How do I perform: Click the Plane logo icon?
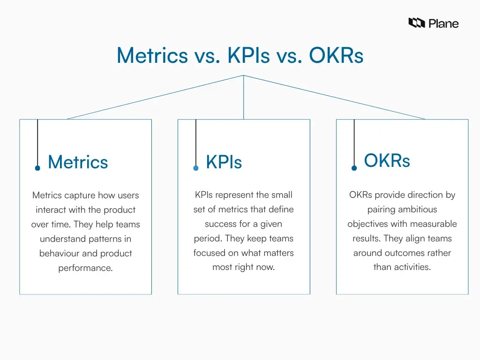tap(416, 23)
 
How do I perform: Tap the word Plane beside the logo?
tap(443, 23)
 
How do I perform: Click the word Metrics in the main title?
tap(152, 56)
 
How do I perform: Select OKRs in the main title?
tap(336, 56)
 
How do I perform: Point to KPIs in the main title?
tap(248, 56)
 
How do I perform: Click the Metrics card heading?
tap(78, 162)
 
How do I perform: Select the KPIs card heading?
tap(224, 162)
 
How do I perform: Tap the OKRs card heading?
tap(387, 160)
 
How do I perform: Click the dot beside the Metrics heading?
tap(37, 168)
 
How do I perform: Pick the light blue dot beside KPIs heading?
tap(196, 168)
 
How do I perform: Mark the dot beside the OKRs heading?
tap(354, 168)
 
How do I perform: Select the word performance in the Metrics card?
tap(85, 268)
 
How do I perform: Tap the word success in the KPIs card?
tap(222, 224)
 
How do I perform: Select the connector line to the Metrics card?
tap(155, 97)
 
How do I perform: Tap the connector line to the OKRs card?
tap(334, 97)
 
